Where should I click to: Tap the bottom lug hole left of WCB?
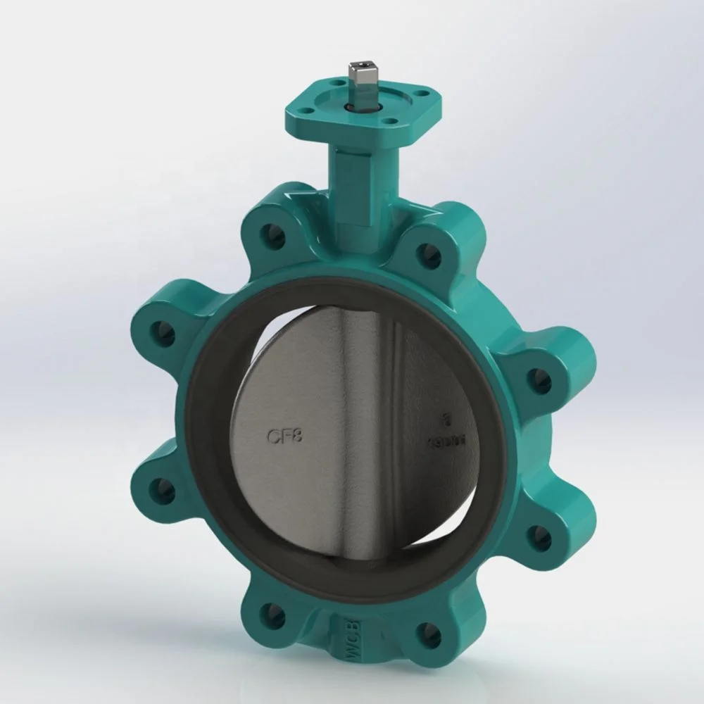(272, 616)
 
